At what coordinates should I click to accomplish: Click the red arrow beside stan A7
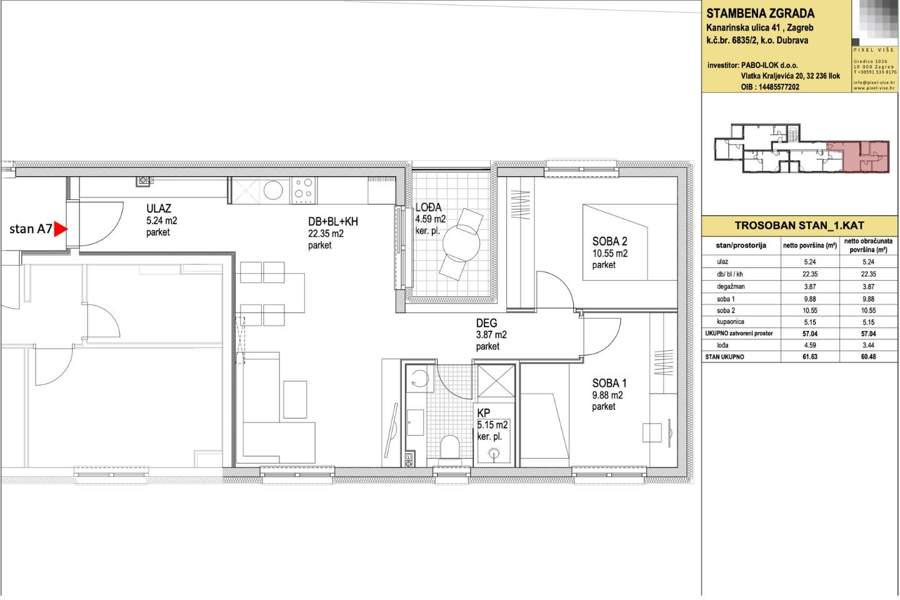[60, 229]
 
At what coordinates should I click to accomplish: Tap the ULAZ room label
[159, 209]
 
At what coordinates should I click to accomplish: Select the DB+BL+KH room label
[332, 222]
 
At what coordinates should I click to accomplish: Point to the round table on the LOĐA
[461, 242]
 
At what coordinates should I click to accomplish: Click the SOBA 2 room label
[609, 241]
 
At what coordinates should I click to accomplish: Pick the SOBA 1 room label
[609, 383]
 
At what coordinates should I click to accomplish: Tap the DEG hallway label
[486, 323]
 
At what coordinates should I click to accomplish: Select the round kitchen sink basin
[273, 191]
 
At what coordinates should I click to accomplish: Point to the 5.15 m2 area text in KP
[492, 425]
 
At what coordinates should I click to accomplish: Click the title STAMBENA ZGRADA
[760, 14]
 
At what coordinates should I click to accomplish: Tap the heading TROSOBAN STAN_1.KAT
[799, 226]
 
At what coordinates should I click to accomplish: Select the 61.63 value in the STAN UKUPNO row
[809, 357]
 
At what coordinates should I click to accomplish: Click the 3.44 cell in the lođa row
[868, 345]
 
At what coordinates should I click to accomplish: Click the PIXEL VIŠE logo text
[874, 50]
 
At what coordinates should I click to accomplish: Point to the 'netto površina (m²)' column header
[809, 246]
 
